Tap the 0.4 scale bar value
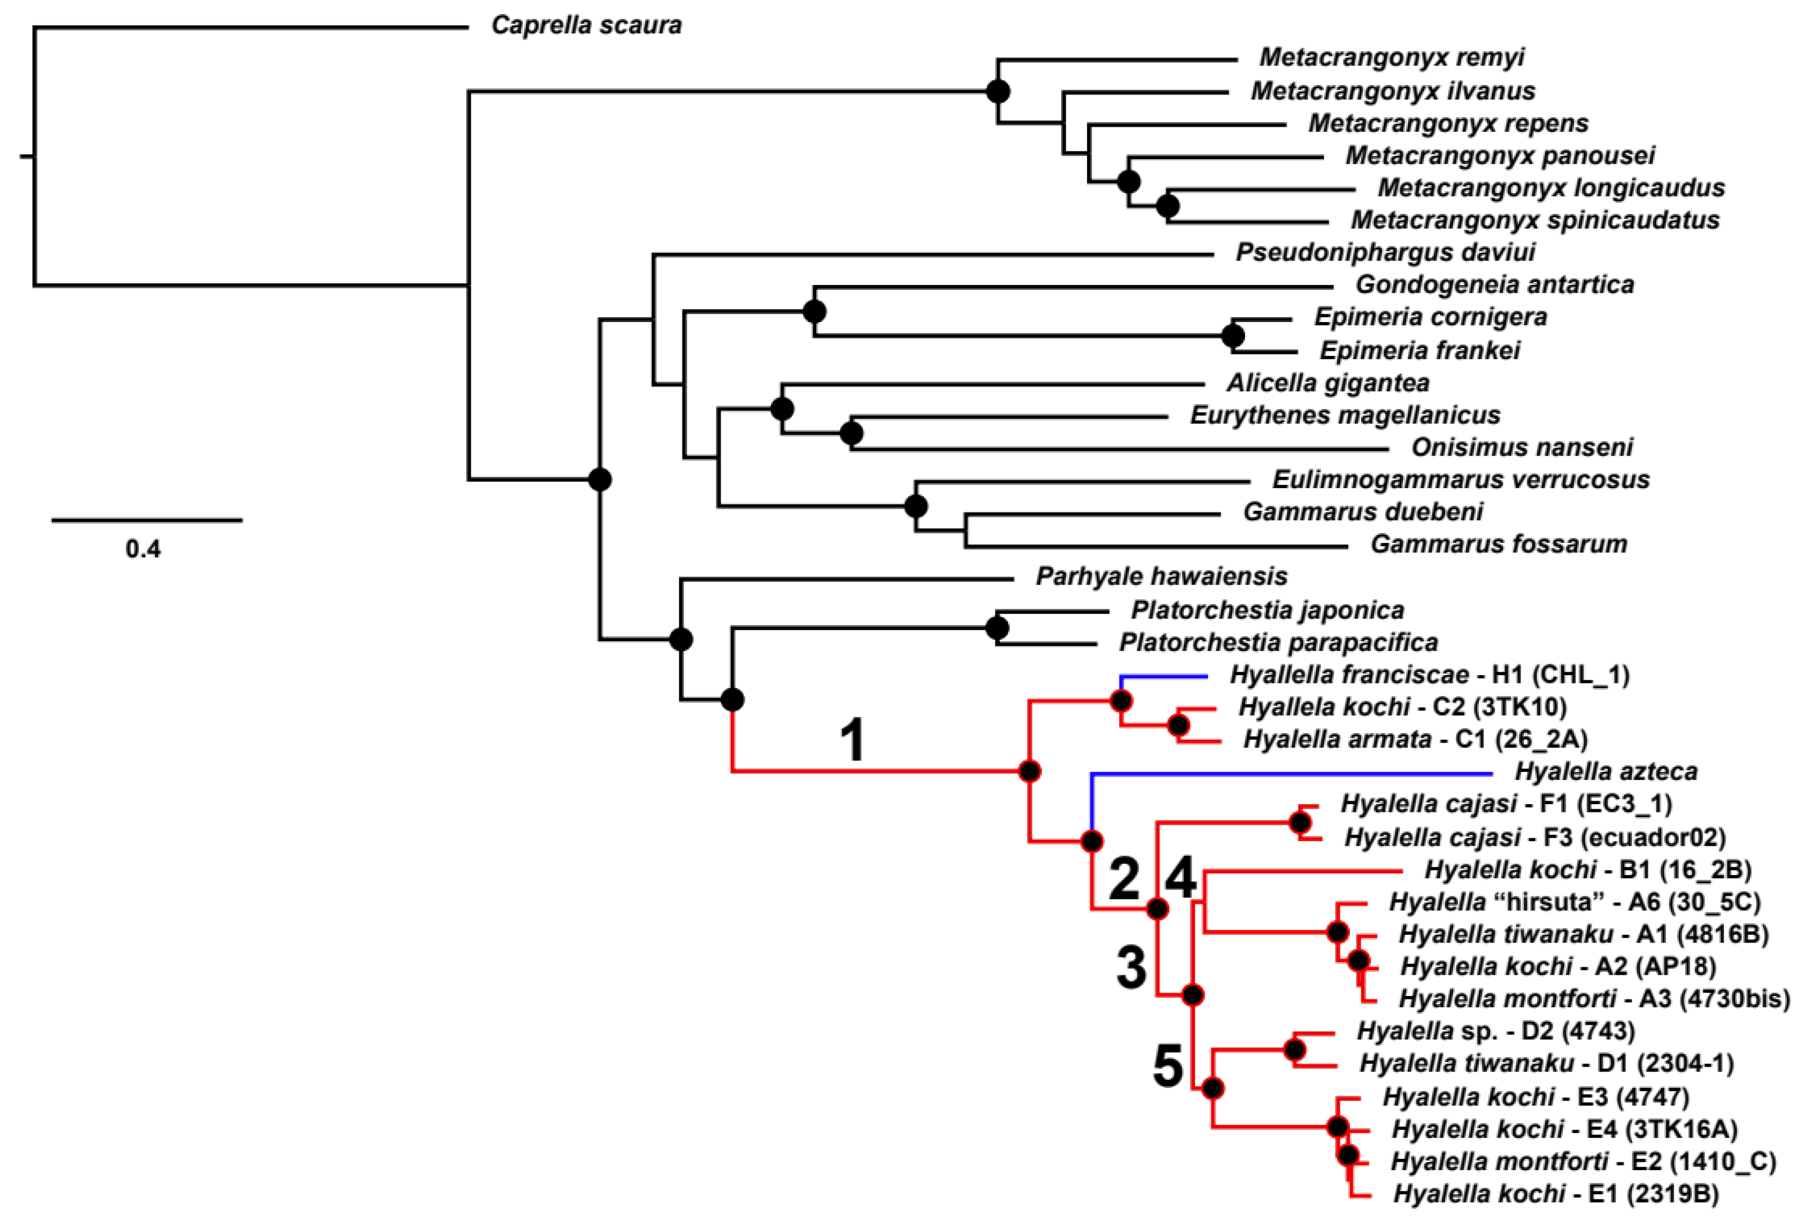point(144,550)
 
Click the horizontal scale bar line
point(147,520)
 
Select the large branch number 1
point(853,740)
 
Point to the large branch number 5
point(1168,1067)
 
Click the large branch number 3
point(1131,969)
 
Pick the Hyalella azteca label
point(1606,772)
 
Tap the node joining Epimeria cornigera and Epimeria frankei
point(1232,336)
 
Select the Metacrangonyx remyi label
point(1392,57)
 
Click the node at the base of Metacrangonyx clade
point(998,91)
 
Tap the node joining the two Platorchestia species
point(997,628)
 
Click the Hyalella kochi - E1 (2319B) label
point(1556,1194)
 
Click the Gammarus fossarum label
point(1499,544)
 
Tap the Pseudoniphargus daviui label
point(1385,253)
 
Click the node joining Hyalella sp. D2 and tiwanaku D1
point(1295,1050)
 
